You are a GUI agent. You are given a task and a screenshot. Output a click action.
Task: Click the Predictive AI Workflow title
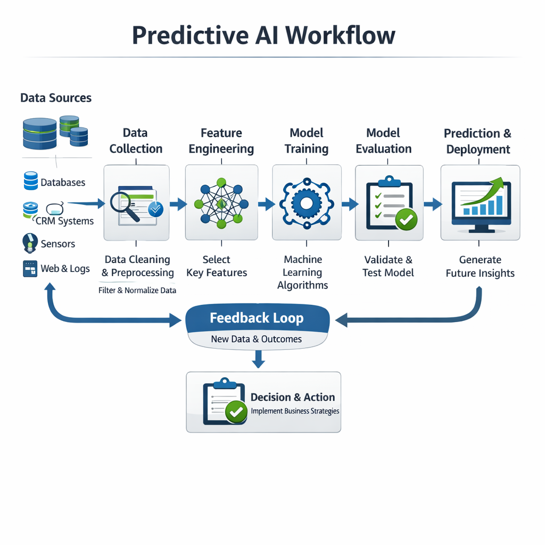click(x=263, y=35)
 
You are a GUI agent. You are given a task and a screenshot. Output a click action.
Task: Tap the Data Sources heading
click(x=56, y=98)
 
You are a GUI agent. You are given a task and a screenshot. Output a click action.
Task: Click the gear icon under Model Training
click(x=306, y=203)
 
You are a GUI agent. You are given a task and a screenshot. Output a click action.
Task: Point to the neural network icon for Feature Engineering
click(x=221, y=203)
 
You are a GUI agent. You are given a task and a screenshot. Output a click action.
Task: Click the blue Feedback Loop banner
click(x=257, y=319)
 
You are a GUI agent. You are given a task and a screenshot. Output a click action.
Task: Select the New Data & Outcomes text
click(x=256, y=339)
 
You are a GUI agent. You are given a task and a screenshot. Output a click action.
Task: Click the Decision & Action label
click(x=293, y=397)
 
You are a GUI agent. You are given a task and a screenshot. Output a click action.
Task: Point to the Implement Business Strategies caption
click(x=295, y=411)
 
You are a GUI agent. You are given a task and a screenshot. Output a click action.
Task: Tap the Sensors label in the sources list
click(x=58, y=244)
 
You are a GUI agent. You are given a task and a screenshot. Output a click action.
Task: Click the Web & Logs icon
click(x=30, y=268)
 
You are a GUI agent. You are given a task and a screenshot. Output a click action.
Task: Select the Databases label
click(x=63, y=183)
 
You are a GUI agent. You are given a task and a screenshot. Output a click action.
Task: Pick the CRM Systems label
click(x=65, y=221)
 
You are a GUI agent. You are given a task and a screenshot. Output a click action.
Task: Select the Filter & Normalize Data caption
click(x=137, y=291)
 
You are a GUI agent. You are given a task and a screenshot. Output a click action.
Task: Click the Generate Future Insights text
click(x=480, y=266)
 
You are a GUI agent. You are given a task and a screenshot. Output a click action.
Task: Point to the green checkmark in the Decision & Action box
click(x=236, y=411)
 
